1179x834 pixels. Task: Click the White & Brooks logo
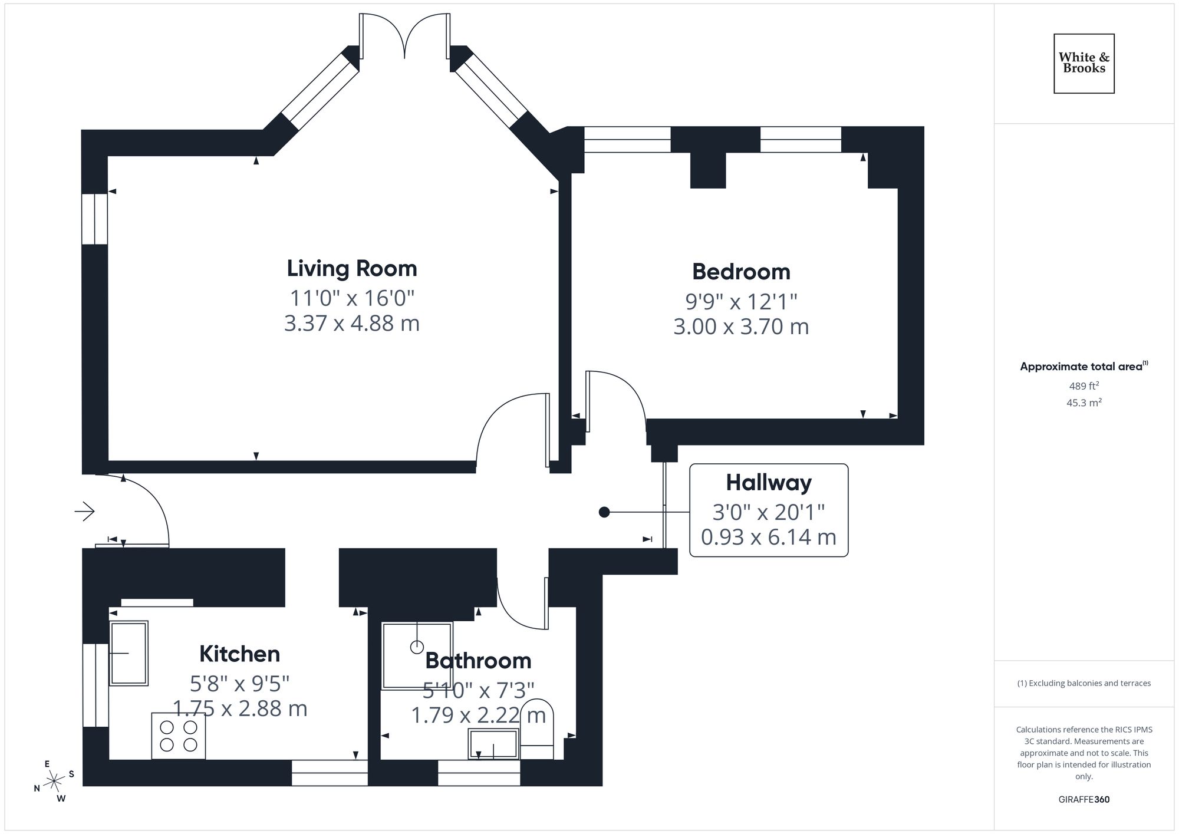1084,63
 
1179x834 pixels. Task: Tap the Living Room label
352,269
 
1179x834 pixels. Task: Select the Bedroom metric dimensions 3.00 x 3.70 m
741,327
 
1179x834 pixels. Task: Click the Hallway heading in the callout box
769,483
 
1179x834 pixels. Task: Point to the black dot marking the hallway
604,512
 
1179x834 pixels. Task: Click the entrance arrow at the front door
85,511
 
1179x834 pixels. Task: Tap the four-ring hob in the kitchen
179,736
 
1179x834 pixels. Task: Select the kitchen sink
129,653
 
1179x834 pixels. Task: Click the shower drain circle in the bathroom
417,647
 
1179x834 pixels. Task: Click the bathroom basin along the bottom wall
493,744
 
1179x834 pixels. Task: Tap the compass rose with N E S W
54,782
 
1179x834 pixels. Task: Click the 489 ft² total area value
1084,387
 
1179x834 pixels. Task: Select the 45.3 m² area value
1084,403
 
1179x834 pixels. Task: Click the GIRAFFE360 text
1084,800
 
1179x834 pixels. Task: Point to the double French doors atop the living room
404,37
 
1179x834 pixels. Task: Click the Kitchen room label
239,654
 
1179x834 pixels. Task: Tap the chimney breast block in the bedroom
707,170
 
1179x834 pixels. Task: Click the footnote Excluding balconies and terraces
1084,684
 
